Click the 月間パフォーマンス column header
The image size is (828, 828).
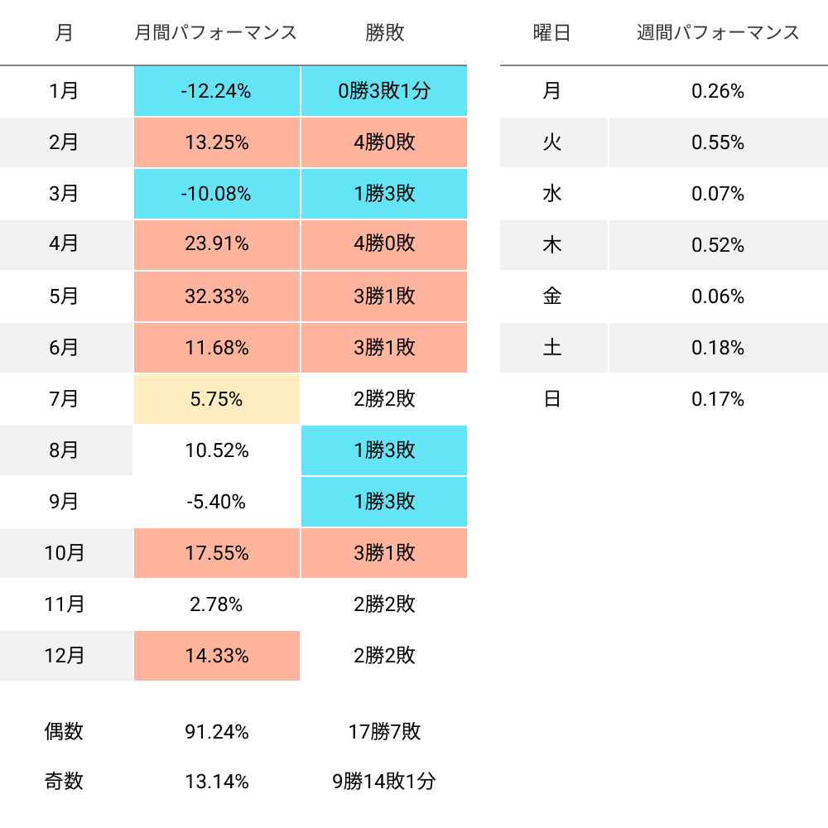coord(216,33)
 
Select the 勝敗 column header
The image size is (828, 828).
coord(384,33)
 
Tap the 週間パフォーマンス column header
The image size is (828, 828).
coord(718,33)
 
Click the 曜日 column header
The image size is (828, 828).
coord(552,33)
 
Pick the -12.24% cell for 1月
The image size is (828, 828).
coord(216,91)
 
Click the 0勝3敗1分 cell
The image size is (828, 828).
coord(384,91)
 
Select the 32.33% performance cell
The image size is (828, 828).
coord(216,296)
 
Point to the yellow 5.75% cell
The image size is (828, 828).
coord(216,399)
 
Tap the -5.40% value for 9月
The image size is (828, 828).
coord(216,502)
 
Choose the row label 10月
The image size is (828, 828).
coord(65,553)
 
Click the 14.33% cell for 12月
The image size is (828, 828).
coord(216,656)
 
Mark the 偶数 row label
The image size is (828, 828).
coord(65,732)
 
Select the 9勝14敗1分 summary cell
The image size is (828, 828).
coord(384,781)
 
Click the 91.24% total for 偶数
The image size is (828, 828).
coord(216,732)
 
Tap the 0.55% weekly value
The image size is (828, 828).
coord(718,142)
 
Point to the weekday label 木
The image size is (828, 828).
coord(552,245)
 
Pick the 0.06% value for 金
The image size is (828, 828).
coord(718,296)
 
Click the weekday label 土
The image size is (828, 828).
coord(552,348)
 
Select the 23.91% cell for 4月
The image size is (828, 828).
coord(216,245)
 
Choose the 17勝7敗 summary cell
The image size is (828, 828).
coord(384,732)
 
